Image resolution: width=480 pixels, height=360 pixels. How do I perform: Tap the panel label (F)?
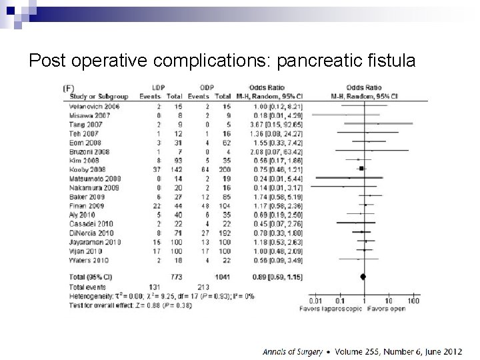[68, 88]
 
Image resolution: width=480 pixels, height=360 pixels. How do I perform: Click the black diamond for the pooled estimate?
[363, 276]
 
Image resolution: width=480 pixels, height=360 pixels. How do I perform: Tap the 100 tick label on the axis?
[413, 301]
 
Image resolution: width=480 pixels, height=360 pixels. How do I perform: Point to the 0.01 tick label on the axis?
[315, 301]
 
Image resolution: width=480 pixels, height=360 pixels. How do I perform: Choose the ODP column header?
[207, 88]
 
